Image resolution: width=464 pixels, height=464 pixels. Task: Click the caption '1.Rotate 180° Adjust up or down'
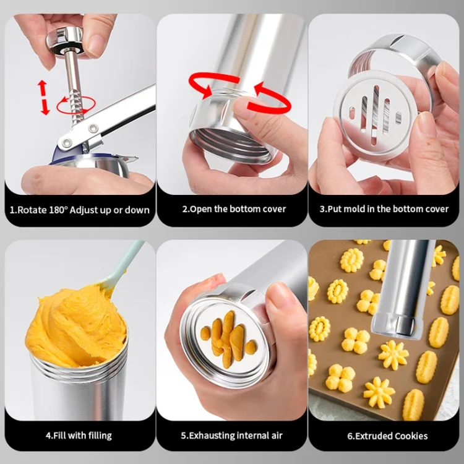click(79, 210)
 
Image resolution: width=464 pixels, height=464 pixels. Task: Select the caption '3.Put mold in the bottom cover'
click(384, 209)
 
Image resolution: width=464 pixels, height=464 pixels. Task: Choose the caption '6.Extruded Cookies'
click(384, 436)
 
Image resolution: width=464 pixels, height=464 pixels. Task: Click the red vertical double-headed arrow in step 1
click(44, 97)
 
